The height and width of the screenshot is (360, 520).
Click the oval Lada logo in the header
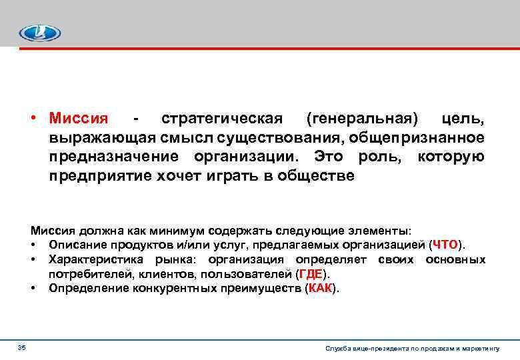(x=39, y=33)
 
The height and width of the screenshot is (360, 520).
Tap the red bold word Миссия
(x=78, y=119)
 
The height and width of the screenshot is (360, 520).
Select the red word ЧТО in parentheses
(x=445, y=245)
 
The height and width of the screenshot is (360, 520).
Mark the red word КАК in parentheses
(x=321, y=289)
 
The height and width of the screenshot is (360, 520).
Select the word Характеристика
(x=87, y=259)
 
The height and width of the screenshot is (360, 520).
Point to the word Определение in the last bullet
(x=81, y=289)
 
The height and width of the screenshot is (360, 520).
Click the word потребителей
(x=83, y=274)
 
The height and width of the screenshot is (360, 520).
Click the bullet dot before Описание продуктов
(x=33, y=245)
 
